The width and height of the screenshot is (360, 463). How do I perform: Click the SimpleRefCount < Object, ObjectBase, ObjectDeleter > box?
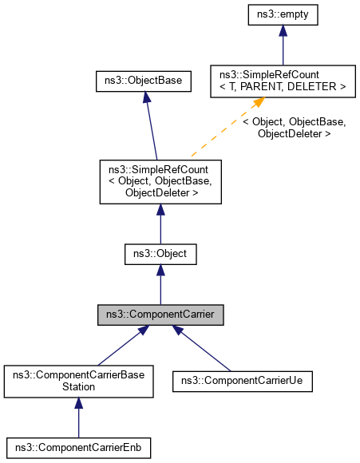tap(160, 181)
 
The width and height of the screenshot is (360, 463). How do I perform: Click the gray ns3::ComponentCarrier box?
tap(160, 315)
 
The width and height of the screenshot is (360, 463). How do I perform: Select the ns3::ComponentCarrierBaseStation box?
tap(77, 380)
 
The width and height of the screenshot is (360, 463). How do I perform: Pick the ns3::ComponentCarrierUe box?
tap(242, 380)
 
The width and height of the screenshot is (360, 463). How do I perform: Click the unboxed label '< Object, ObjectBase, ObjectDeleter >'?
tap(295, 128)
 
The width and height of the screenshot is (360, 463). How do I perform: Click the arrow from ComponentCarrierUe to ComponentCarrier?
tap(204, 349)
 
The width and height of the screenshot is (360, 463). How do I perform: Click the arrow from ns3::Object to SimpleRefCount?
tap(160, 224)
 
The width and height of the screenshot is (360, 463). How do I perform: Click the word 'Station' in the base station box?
tap(77, 386)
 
